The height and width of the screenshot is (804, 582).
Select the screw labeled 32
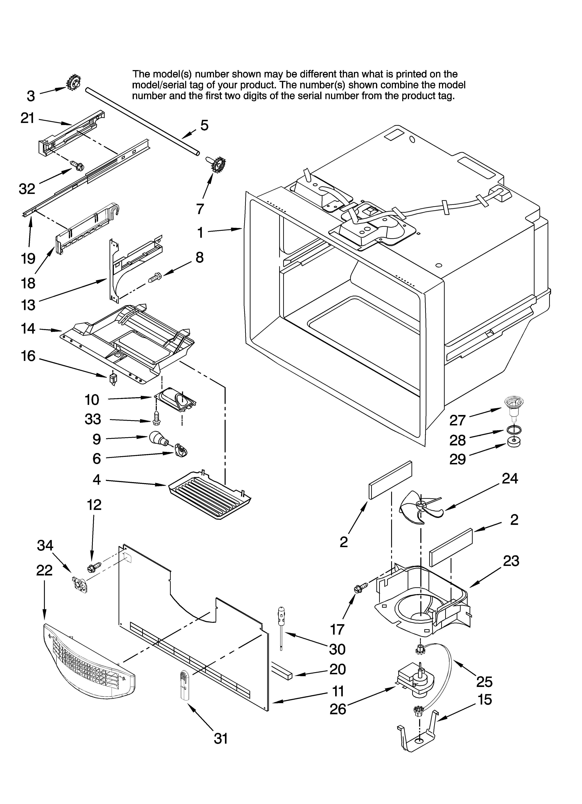pos(77,165)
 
